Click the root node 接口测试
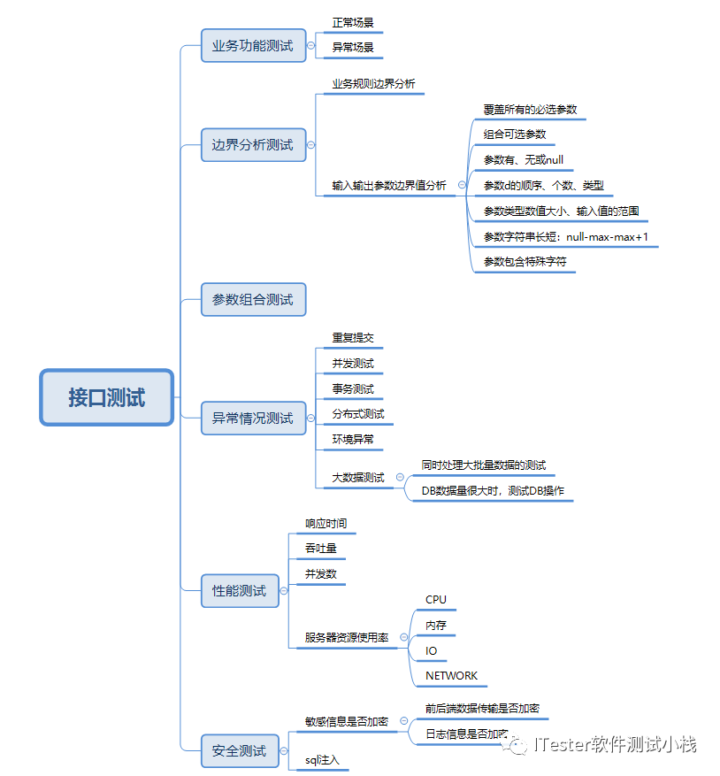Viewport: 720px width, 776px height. click(x=106, y=397)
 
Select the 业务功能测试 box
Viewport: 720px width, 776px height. click(x=253, y=45)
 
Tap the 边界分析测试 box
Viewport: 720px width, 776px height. click(x=253, y=144)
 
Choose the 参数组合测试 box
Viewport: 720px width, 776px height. click(x=253, y=299)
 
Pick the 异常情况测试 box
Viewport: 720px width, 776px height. click(x=253, y=418)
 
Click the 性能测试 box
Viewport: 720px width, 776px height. click(x=240, y=590)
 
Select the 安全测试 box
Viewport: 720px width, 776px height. click(x=240, y=750)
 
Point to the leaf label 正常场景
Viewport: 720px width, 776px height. click(x=353, y=22)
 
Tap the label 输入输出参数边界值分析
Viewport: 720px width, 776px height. click(x=389, y=186)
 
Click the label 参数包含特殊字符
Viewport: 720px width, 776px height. click(x=525, y=262)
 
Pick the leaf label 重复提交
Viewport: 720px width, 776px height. click(x=353, y=338)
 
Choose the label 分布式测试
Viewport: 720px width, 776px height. click(x=358, y=413)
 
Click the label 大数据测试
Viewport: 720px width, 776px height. click(x=358, y=477)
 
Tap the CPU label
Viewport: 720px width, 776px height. click(x=436, y=599)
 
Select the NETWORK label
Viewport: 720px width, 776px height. click(x=451, y=675)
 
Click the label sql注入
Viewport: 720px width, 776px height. click(x=322, y=759)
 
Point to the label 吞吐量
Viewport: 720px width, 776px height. click(x=321, y=549)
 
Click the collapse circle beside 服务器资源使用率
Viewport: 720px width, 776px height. click(x=403, y=637)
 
